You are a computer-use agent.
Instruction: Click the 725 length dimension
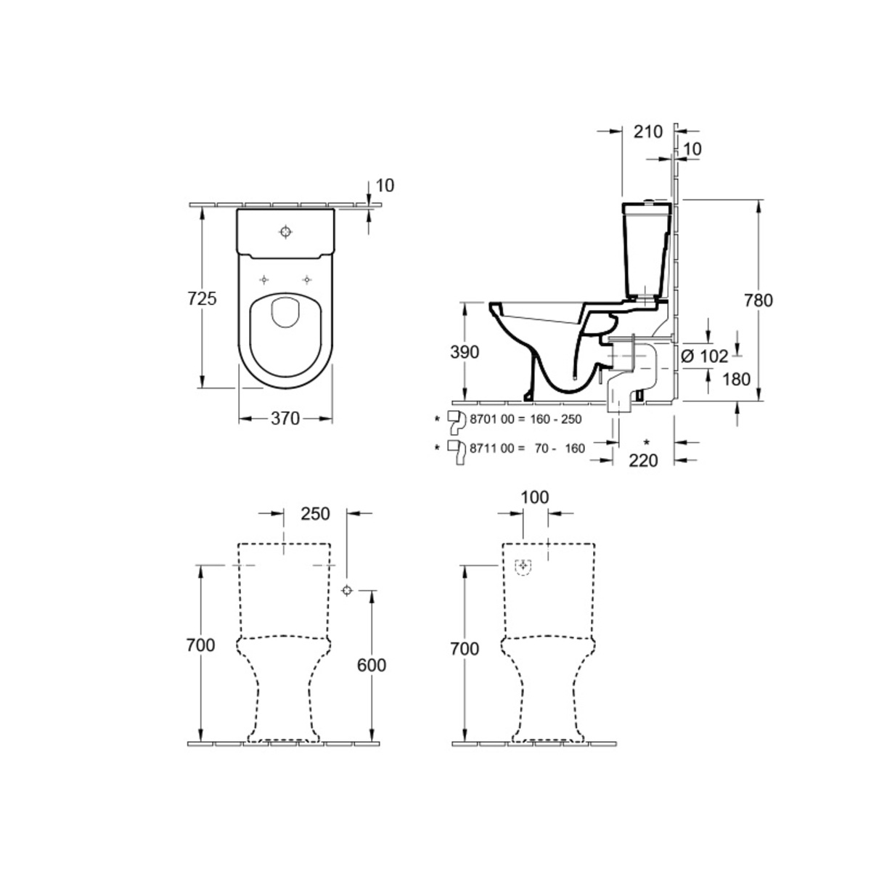point(202,299)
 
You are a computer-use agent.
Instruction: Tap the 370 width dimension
point(285,419)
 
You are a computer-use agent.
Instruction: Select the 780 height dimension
point(758,300)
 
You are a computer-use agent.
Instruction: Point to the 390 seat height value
point(465,352)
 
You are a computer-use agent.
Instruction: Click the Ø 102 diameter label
point(705,356)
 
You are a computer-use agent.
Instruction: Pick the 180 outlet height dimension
point(736,379)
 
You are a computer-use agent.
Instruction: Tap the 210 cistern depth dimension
point(648,131)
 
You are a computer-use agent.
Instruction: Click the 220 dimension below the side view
point(644,461)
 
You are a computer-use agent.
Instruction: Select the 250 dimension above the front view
point(316,514)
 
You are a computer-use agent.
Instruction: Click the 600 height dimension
point(372,665)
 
